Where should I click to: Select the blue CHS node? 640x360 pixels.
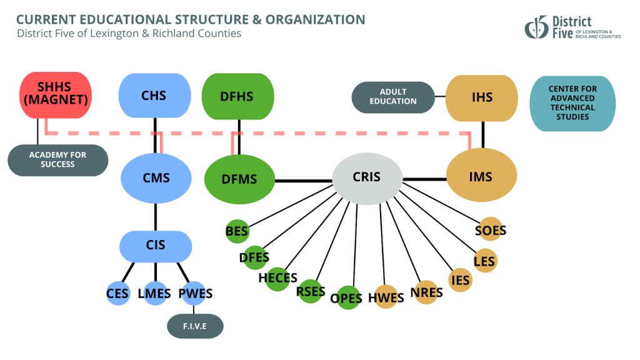(154, 96)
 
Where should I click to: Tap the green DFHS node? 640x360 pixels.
(237, 96)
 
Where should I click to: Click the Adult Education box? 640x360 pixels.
(393, 97)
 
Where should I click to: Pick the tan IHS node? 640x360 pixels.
(482, 97)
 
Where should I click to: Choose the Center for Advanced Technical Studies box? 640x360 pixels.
(572, 103)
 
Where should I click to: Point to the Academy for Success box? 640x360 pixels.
(57, 160)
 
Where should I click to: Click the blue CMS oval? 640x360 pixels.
(156, 178)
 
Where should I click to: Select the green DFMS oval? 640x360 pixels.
(239, 179)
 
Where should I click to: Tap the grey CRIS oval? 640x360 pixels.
(366, 177)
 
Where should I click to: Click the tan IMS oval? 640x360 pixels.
(481, 177)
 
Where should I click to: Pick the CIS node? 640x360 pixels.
(156, 246)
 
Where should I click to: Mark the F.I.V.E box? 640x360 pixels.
(195, 326)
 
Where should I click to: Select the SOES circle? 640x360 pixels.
(490, 230)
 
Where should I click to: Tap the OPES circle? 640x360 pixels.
(346, 298)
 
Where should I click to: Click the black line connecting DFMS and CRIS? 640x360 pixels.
(304, 181)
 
